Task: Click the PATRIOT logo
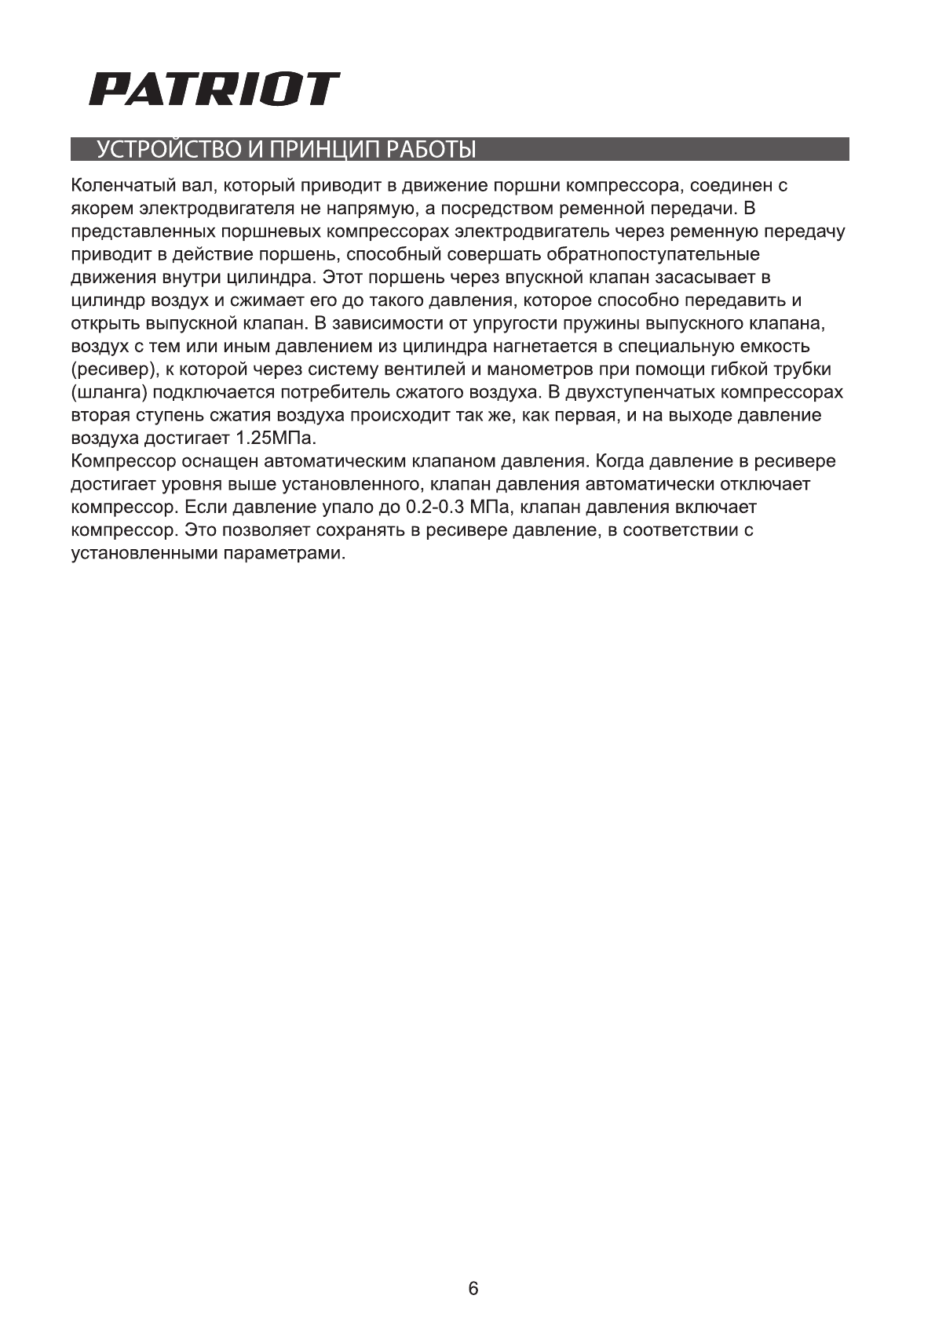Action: point(214,89)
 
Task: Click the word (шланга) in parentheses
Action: point(110,392)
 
